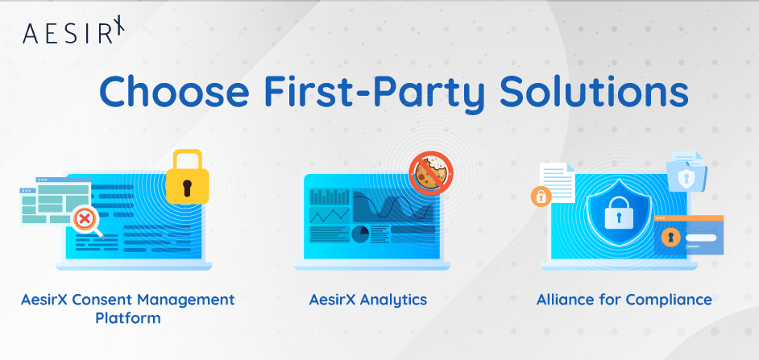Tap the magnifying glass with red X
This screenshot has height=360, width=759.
(85, 220)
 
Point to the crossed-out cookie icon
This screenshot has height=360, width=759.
(431, 174)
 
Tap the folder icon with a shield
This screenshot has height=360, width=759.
(686, 173)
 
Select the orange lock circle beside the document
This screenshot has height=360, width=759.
(539, 197)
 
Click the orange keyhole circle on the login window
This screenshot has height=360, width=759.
(669, 237)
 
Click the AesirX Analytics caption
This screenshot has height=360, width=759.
(368, 300)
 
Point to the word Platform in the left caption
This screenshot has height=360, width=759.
(128, 318)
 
